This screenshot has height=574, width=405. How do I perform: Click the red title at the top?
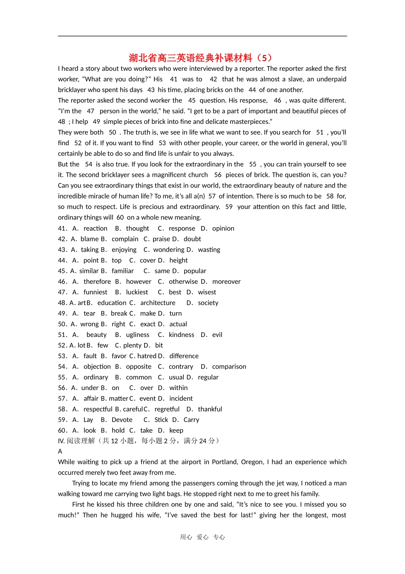200,58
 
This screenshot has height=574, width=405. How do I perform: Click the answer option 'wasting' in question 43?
209,250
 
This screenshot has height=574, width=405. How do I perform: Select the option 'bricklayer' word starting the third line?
73,90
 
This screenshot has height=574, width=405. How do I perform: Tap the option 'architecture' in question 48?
158,303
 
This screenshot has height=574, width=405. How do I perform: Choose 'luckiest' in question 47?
137,292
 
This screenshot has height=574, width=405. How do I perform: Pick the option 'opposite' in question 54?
139,367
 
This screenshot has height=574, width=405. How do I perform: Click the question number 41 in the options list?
62,228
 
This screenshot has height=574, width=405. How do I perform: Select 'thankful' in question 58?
210,409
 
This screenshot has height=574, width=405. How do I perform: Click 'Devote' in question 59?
122,420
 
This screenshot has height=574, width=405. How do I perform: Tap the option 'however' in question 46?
139,282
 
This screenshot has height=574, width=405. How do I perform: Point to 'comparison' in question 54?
229,367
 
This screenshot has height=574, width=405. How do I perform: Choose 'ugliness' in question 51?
138,335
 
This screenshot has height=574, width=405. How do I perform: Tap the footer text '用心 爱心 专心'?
202,537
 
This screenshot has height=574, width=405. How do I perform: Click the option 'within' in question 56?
178,388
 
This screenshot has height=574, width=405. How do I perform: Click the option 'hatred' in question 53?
147,356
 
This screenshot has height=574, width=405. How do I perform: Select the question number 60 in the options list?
62,430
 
